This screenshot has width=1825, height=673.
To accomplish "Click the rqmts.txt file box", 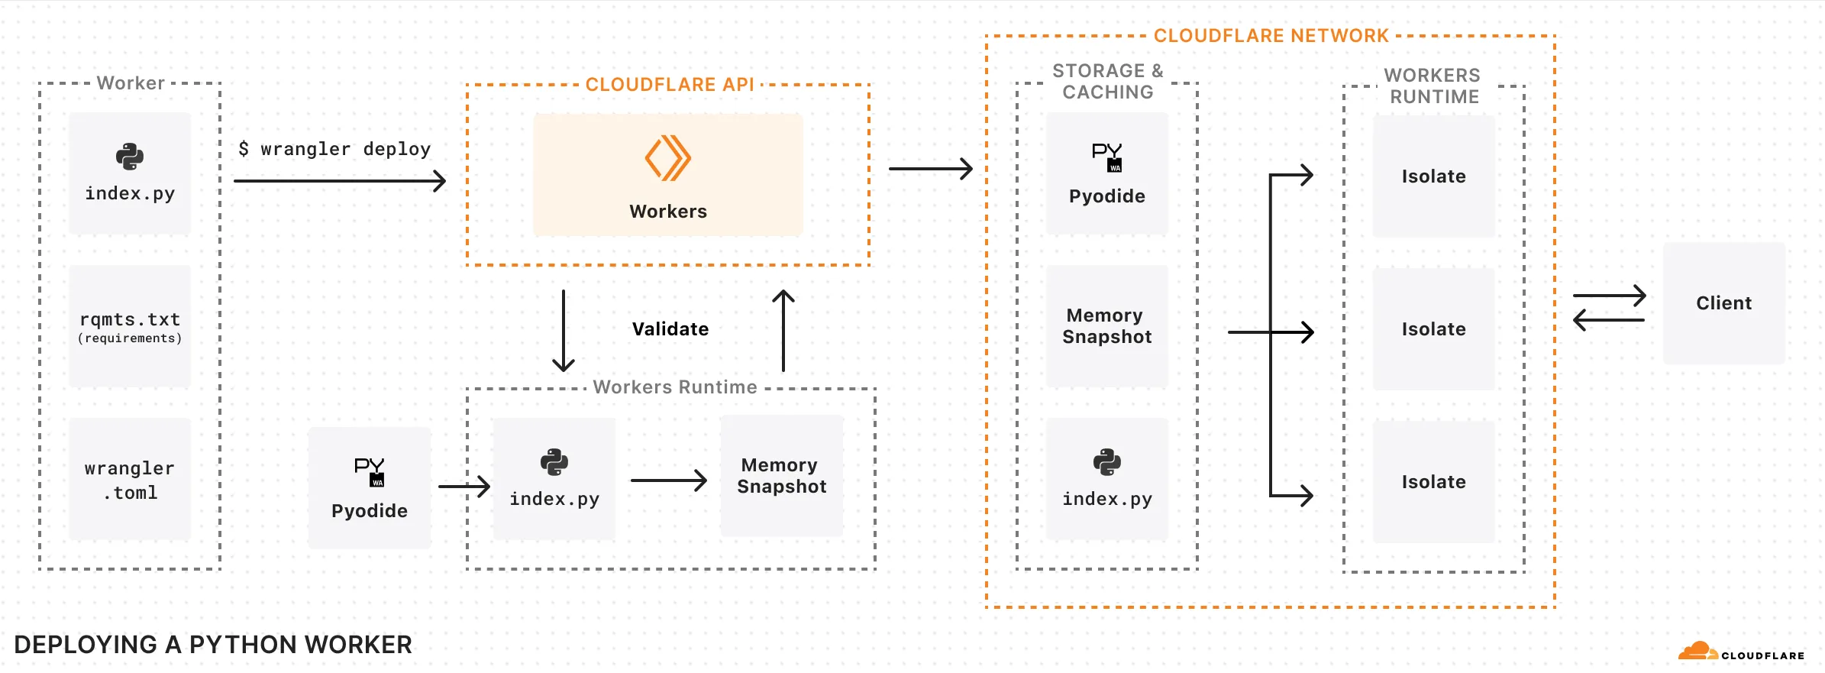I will [x=130, y=326].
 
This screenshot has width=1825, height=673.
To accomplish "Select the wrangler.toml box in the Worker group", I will [x=130, y=479].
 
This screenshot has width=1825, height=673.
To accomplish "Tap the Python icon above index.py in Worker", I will [x=130, y=157].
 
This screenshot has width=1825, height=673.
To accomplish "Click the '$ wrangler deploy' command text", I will [x=334, y=149].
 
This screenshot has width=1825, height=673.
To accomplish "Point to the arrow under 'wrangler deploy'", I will [x=339, y=181].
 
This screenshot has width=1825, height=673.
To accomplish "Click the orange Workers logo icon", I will [x=667, y=158].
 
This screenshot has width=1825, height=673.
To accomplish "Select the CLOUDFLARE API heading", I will [x=669, y=85].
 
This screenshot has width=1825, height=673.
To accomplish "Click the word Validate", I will [x=670, y=329].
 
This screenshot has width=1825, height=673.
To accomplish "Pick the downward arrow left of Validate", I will [x=564, y=330].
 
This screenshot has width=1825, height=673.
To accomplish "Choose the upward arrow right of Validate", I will [x=783, y=330].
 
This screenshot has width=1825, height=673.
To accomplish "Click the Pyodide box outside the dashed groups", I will [x=370, y=487].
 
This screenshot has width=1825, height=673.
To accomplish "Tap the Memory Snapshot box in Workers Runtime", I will [x=782, y=476].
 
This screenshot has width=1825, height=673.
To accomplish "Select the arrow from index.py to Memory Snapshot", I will [x=668, y=480].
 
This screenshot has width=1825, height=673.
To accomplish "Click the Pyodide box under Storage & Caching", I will [x=1107, y=174].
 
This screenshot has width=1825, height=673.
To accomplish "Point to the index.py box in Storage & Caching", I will [x=1107, y=479].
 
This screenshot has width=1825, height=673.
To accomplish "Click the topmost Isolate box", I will [x=1433, y=176].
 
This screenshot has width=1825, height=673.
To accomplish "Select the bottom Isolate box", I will [x=1433, y=482].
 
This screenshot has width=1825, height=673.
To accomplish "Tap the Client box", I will [x=1723, y=303].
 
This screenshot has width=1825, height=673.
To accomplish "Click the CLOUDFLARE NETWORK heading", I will [x=1271, y=36].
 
